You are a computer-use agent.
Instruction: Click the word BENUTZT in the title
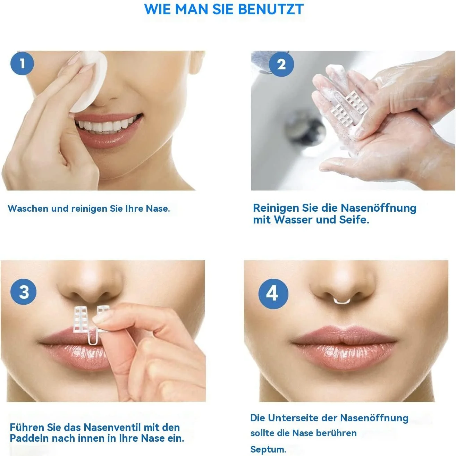pyautogui.click(x=271, y=9)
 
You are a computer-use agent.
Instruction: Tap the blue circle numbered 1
pyautogui.click(x=22, y=64)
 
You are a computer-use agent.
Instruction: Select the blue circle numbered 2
pyautogui.click(x=281, y=64)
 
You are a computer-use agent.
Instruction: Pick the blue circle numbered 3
pyautogui.click(x=24, y=292)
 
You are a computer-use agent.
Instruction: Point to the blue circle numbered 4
pyautogui.click(x=273, y=294)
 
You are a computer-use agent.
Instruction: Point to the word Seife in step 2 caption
pyautogui.click(x=354, y=220)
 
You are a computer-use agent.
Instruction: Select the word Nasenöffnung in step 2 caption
pyautogui.click(x=378, y=208)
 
